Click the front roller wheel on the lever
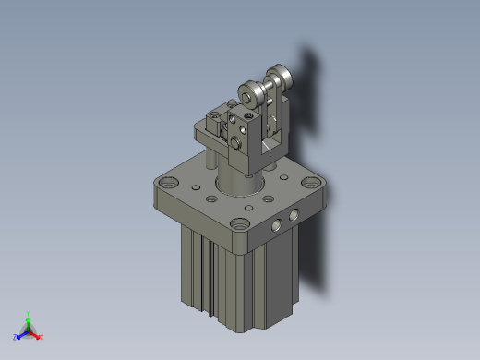click(248, 94)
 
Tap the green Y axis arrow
click(29, 320)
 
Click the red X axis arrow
click(37, 335)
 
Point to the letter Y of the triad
click(29, 313)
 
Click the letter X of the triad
click(42, 338)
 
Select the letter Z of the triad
click(16, 338)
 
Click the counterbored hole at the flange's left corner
click(165, 185)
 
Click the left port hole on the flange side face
click(276, 225)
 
